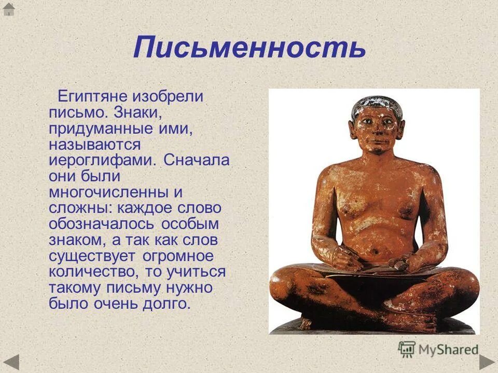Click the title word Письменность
[250, 48]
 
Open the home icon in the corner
[9, 9]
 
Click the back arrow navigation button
[11, 361]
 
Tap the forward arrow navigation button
[487, 361]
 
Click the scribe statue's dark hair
[374, 104]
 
